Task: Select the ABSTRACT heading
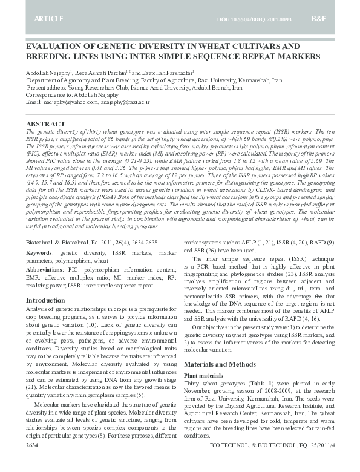tap(46, 123)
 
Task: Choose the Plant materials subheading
tap(203, 376)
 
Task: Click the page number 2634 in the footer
tap(33, 462)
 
